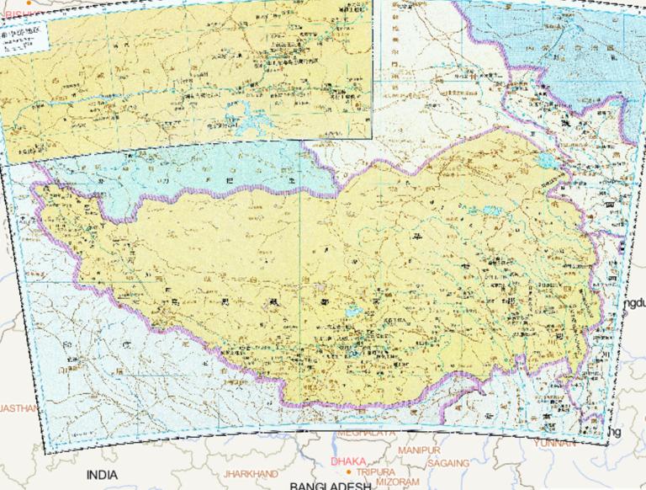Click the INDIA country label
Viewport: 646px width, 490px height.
[x=102, y=474]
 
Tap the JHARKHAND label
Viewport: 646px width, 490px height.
[x=250, y=474]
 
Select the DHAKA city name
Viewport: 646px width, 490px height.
[x=347, y=462]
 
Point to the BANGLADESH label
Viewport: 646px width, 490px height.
[x=331, y=486]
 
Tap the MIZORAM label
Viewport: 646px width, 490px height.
[x=398, y=482]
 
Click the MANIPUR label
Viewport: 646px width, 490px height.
[x=419, y=451]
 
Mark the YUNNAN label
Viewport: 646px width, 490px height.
[x=554, y=441]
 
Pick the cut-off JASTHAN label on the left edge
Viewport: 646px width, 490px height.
[x=19, y=407]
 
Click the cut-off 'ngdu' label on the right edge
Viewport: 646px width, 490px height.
[x=633, y=302]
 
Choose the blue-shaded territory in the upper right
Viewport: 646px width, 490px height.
[x=555, y=42]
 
